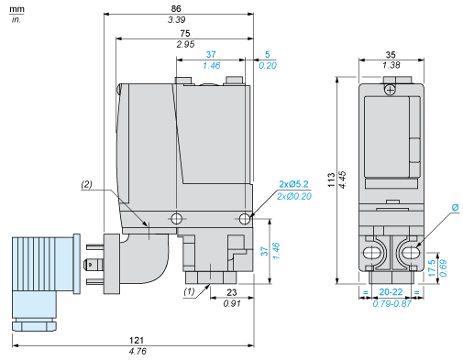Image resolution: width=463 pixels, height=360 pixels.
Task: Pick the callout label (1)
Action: click(x=190, y=291)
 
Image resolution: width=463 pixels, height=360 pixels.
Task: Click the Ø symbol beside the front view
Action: click(x=456, y=208)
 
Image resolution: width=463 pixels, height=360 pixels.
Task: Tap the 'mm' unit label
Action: click(x=17, y=8)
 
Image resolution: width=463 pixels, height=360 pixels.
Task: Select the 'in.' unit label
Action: click(x=16, y=19)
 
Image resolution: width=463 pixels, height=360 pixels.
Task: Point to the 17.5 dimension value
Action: click(x=445, y=264)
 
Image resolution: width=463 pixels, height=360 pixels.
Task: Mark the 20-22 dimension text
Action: click(x=391, y=292)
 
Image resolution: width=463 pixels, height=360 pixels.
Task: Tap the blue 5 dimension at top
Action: click(x=267, y=54)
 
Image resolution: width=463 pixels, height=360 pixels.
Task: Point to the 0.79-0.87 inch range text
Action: click(x=391, y=303)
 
